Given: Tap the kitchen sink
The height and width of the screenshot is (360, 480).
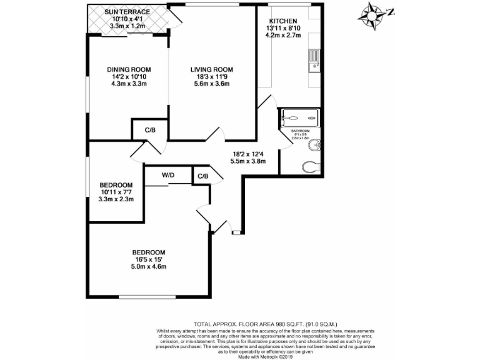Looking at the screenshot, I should pyautogui.click(x=314, y=61).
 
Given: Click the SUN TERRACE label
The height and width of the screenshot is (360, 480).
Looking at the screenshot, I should pyautogui.click(x=127, y=12).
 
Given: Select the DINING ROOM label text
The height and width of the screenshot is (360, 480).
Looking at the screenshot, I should pyautogui.click(x=129, y=69).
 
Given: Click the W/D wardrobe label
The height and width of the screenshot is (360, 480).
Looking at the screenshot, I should pyautogui.click(x=168, y=176).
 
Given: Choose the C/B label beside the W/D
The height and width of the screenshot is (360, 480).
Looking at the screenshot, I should pyautogui.click(x=202, y=176).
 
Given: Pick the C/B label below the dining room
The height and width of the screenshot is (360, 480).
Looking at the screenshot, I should pyautogui.click(x=150, y=130).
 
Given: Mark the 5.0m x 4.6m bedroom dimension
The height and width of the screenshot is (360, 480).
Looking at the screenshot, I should pyautogui.click(x=148, y=267).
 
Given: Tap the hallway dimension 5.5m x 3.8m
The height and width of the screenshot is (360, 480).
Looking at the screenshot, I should pyautogui.click(x=249, y=161).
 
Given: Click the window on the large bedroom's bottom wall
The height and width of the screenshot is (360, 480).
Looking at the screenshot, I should pyautogui.click(x=147, y=296).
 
